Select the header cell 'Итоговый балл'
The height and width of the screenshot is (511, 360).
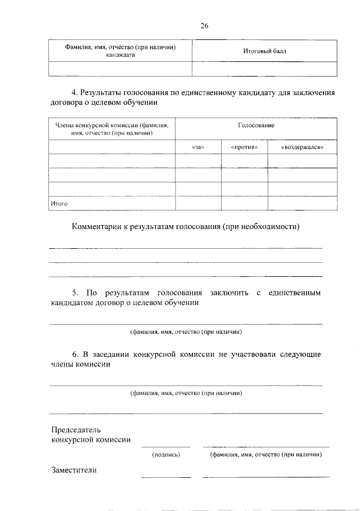click(x=264, y=51)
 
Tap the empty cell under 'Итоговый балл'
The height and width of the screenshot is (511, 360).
click(x=264, y=69)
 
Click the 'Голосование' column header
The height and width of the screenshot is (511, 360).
click(x=256, y=125)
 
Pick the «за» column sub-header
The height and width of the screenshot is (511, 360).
click(x=197, y=147)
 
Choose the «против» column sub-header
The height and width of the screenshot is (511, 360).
click(x=244, y=147)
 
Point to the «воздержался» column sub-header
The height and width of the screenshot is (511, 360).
click(x=301, y=147)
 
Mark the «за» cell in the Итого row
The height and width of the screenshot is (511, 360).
click(x=197, y=203)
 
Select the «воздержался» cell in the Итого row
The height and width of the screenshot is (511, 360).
click(x=301, y=203)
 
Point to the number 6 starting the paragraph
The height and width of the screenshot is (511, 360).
click(x=74, y=354)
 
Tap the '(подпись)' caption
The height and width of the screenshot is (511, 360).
click(x=165, y=454)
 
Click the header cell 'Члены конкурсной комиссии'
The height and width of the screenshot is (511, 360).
click(x=111, y=129)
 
